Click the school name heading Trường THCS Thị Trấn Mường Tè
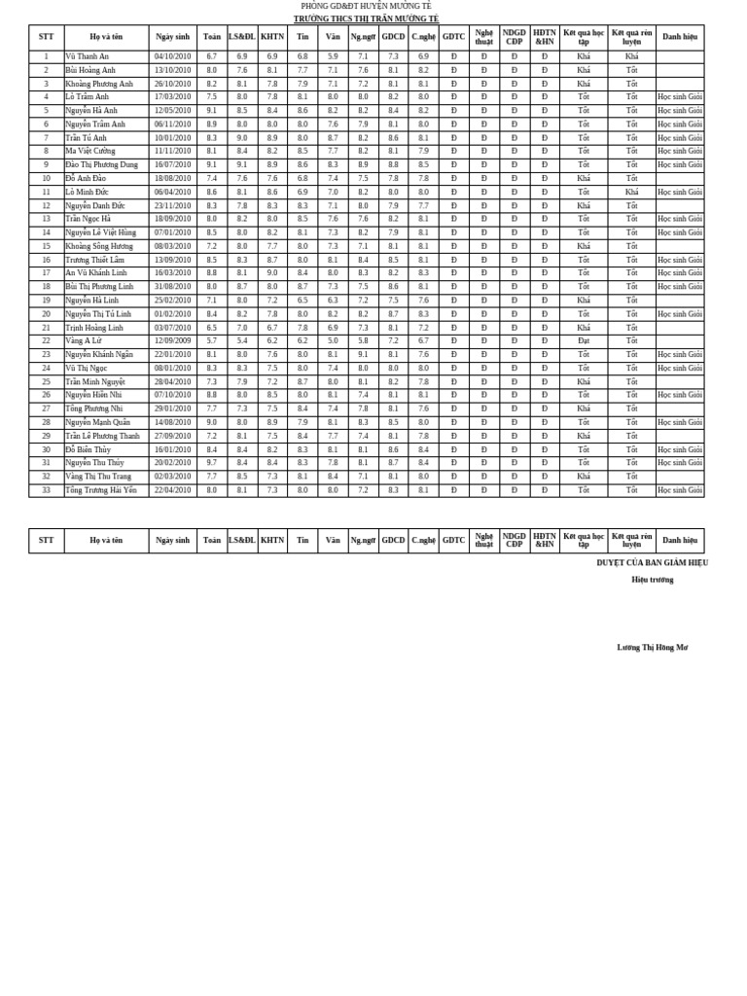366,18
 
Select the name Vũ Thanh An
88,56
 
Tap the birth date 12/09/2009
172,340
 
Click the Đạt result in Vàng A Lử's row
583,340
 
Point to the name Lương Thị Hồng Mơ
652,647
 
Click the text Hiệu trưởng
652,580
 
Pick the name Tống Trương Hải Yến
101,490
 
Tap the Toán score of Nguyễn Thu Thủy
211,463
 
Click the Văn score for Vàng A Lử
333,340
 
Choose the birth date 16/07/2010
172,164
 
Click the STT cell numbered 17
46,273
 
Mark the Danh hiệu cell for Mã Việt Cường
679,151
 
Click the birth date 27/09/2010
172,436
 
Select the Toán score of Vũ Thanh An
211,56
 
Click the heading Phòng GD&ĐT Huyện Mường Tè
366,6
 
